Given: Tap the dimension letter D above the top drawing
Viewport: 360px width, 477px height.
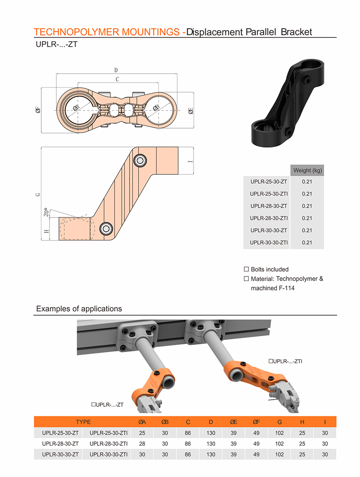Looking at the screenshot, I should (116, 70).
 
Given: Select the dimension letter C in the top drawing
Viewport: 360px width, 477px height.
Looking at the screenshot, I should (117, 80).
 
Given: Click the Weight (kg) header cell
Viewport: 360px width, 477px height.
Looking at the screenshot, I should (307, 170).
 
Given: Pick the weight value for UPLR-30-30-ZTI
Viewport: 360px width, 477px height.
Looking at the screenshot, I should (307, 243).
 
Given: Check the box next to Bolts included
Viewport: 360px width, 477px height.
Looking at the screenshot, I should (246, 269).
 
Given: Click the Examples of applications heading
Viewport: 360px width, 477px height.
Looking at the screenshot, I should (79, 309).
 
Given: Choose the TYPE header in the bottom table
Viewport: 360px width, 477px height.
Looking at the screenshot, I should (83, 422).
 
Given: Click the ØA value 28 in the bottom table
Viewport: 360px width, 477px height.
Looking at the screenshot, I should (142, 444).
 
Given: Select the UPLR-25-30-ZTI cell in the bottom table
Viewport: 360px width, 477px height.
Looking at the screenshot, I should (108, 433).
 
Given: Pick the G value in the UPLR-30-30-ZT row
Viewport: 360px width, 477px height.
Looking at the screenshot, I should (279, 455).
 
